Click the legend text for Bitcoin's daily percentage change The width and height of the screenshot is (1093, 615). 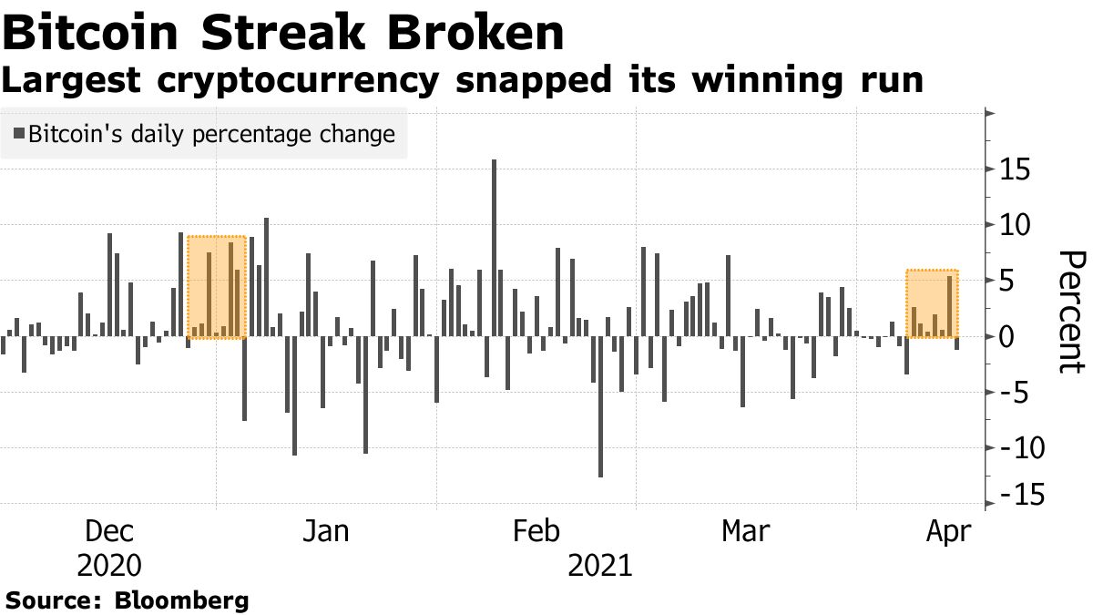click(x=211, y=135)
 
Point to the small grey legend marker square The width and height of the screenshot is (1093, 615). click(x=19, y=135)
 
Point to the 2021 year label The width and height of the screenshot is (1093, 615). click(x=599, y=567)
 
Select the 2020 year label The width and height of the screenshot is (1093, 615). click(x=108, y=567)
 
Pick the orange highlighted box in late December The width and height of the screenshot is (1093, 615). click(x=216, y=287)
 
